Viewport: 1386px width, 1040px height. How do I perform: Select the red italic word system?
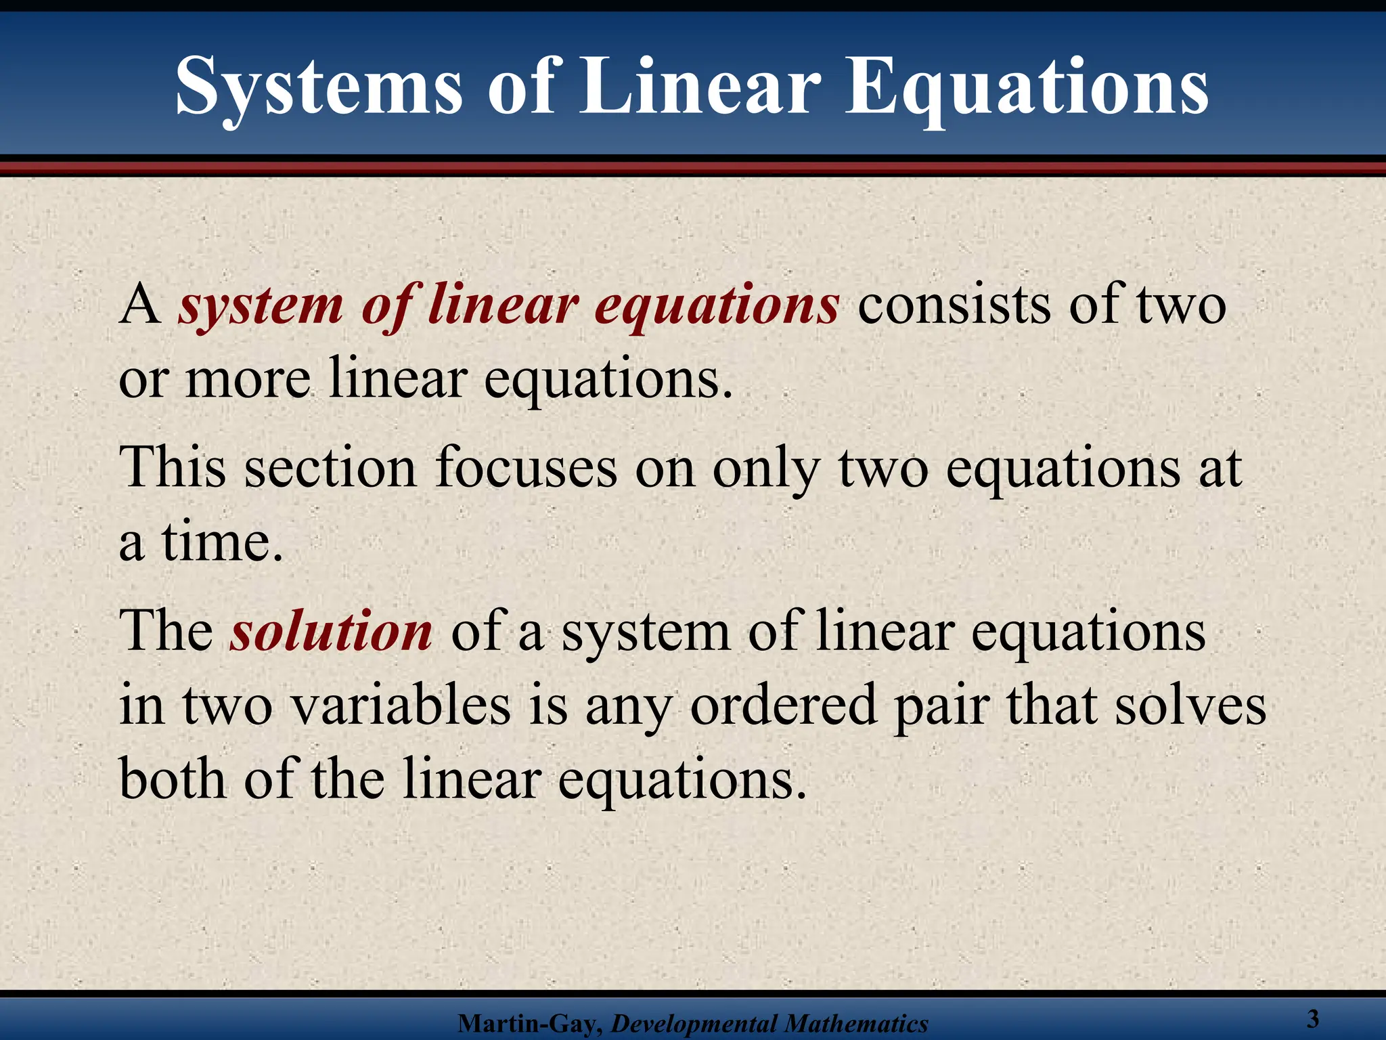[261, 306]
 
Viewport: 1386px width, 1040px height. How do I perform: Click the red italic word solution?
[331, 631]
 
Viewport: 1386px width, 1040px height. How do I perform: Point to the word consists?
[955, 305]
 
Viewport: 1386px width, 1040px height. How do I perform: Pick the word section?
[330, 467]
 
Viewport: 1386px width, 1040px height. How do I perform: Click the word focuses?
[526, 467]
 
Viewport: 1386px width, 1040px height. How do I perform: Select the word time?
[221, 542]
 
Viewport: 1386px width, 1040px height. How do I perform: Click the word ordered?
[783, 706]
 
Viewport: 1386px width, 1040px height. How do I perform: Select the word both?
[173, 779]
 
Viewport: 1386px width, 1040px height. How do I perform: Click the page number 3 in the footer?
[1313, 1018]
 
